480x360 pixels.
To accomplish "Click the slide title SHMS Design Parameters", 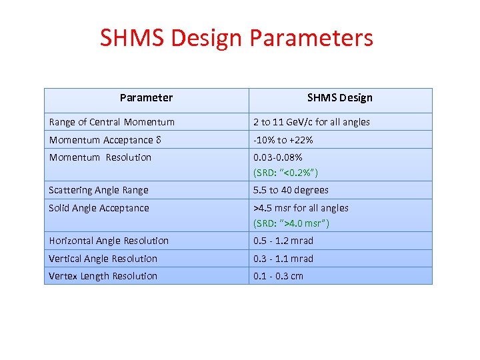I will (x=237, y=38).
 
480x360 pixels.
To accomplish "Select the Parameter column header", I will (x=146, y=98).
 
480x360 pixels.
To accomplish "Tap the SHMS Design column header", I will (x=339, y=98).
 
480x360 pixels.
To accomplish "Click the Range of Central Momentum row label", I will (x=111, y=122).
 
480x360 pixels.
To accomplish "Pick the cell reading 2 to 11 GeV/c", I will (x=311, y=122).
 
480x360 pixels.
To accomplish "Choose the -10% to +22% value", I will (x=283, y=140).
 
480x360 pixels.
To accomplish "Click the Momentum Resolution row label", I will (x=100, y=157).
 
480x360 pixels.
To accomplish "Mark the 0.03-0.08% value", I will (x=278, y=157).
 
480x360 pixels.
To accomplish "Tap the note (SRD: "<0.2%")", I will (x=286, y=173).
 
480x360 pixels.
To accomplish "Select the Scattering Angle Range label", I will (x=99, y=190).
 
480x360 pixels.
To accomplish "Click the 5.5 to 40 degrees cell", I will (x=291, y=190).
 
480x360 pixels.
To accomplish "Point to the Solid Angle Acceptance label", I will (x=99, y=208).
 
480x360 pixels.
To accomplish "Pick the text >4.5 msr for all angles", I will (x=301, y=208).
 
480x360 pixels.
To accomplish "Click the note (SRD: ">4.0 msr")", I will (x=291, y=223).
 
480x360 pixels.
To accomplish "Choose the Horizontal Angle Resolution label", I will (x=109, y=241).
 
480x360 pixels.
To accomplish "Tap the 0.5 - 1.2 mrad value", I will (x=283, y=241).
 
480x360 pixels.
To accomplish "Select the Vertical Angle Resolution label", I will (x=103, y=259).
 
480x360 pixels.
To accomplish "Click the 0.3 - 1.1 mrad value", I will (x=283, y=259).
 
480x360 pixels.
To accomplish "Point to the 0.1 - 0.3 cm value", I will (x=278, y=276).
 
